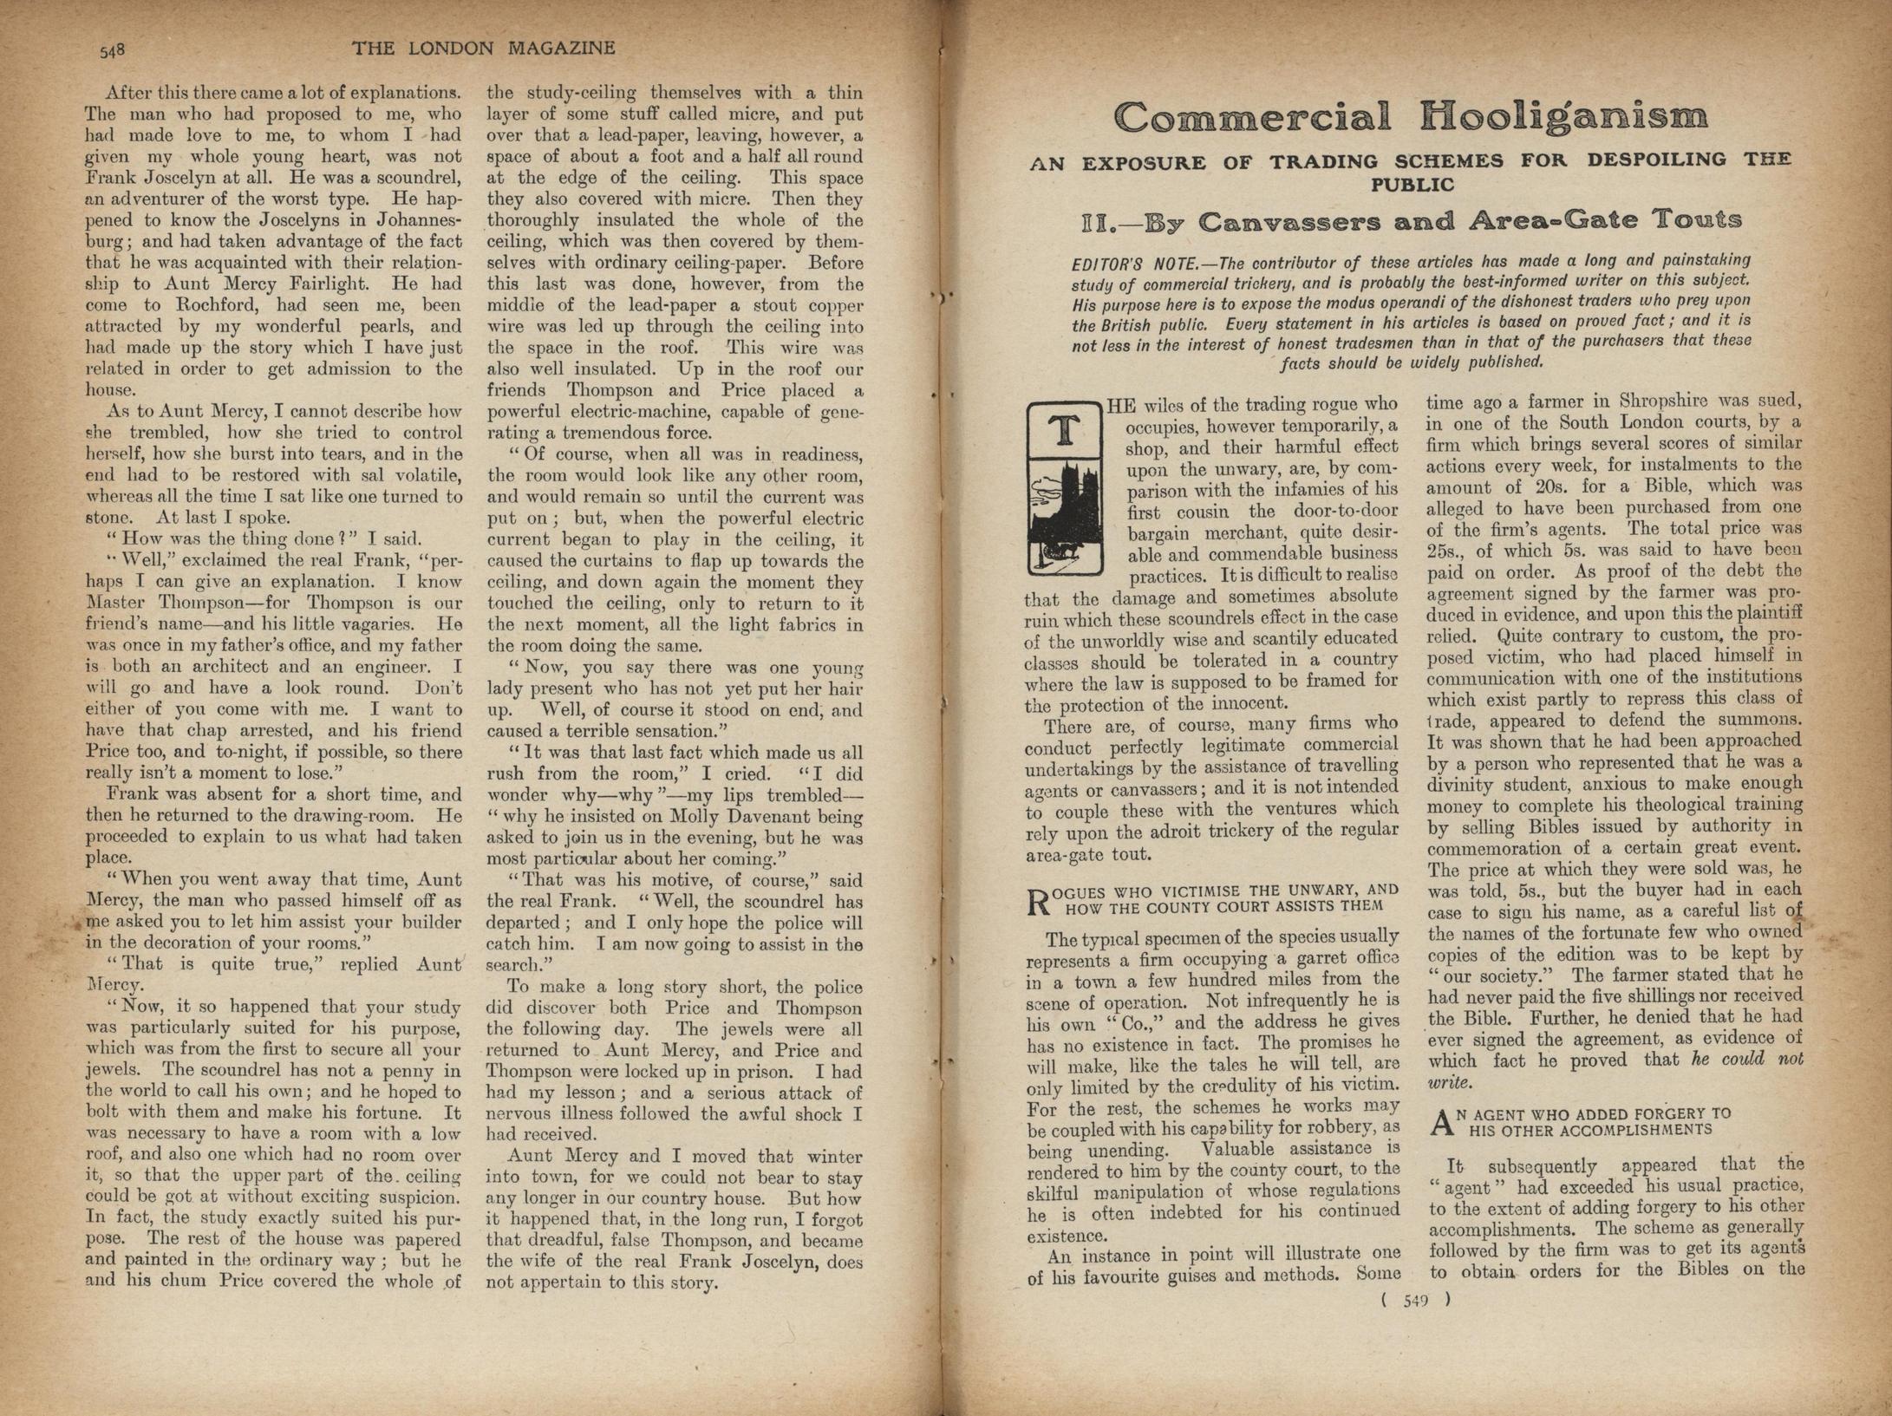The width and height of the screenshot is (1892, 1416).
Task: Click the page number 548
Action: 113,50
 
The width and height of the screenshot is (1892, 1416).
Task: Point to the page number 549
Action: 1415,1300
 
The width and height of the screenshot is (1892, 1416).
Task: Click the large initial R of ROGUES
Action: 1038,903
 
